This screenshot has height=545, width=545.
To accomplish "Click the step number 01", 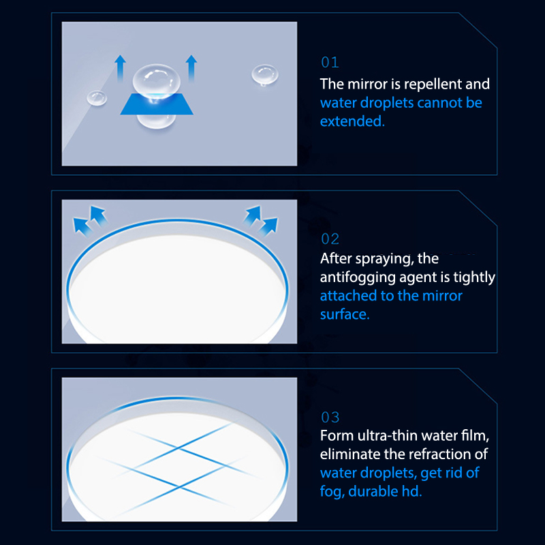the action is click(330, 63).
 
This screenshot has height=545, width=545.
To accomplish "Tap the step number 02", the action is click(330, 239).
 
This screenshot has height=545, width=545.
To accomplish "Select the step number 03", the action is click(330, 417).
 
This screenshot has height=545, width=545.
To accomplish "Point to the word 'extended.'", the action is click(352, 121).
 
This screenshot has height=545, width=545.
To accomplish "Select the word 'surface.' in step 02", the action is click(345, 314).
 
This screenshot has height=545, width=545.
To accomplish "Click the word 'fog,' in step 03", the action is click(332, 492).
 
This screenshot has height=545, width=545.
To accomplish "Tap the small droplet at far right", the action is click(265, 75).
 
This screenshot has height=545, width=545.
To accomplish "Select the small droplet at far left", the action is click(97, 97).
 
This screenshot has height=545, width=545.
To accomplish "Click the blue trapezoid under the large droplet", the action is click(157, 104).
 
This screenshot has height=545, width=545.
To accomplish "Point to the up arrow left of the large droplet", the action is click(121, 68).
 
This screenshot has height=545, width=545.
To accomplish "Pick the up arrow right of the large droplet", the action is click(191, 68).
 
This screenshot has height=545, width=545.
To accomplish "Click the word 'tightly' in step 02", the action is click(474, 278).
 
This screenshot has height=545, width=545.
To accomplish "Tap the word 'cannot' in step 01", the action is click(439, 103).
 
